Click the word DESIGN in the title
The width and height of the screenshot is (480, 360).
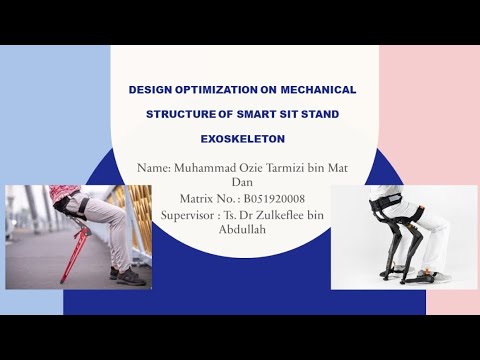pyautogui.click(x=150, y=90)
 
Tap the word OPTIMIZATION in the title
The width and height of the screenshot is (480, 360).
pyautogui.click(x=217, y=90)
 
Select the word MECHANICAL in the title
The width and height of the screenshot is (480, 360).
pyautogui.click(x=318, y=90)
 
